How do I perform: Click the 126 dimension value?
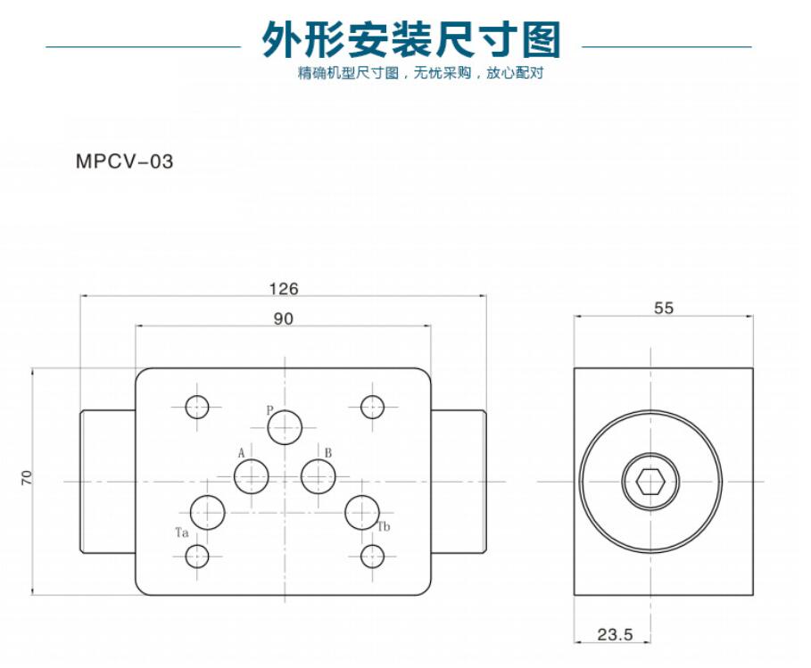click(x=284, y=288)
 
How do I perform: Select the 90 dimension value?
click(x=284, y=318)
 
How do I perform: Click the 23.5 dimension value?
click(x=614, y=635)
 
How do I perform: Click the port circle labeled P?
click(x=286, y=426)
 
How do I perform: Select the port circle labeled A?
click(x=252, y=476)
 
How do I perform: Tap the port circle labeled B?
click(x=318, y=476)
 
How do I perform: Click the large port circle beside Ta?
click(x=208, y=512)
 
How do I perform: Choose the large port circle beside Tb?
click(x=362, y=512)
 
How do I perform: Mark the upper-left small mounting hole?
click(x=197, y=407)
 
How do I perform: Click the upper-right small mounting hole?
click(x=372, y=407)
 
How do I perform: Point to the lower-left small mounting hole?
click(x=197, y=557)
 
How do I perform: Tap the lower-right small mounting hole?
click(x=372, y=557)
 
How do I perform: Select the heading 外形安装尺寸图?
click(x=410, y=39)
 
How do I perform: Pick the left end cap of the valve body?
click(x=108, y=482)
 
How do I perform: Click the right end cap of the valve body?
click(x=459, y=482)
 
